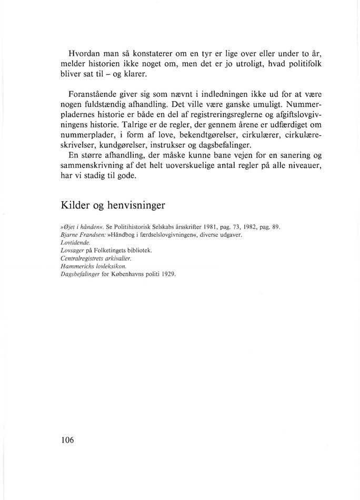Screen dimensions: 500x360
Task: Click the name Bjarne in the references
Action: click(x=69, y=235)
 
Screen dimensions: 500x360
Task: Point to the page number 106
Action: click(x=66, y=440)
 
